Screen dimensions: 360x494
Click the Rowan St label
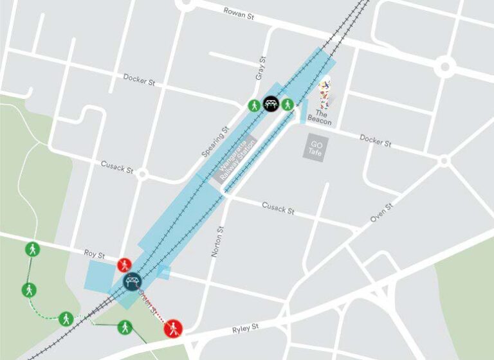[239, 14]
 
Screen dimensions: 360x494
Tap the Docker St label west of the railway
[139, 80]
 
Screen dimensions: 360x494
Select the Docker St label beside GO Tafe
[376, 141]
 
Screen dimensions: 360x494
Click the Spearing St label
[215, 142]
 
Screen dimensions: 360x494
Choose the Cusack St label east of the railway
[278, 208]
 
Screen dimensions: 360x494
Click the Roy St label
[95, 255]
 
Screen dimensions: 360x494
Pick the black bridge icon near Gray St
[270, 104]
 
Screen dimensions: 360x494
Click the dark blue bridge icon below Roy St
[132, 281]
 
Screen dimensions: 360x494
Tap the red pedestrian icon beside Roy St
[124, 265]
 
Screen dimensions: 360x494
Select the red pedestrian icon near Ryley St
[172, 328]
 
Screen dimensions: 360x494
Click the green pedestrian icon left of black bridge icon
[254, 105]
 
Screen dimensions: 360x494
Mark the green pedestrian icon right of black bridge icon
[287, 104]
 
